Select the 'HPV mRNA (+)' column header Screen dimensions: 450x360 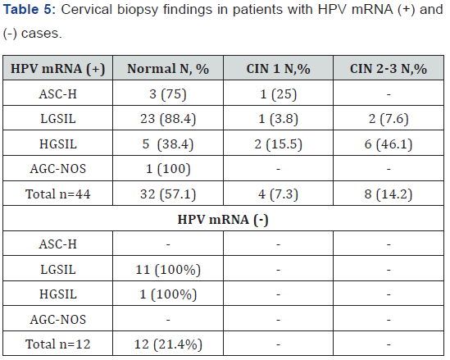pos(58,69)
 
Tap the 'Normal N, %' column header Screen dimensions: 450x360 pos(168,69)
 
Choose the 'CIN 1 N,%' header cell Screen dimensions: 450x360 pos(278,69)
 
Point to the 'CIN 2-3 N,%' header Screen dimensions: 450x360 pos(389,69)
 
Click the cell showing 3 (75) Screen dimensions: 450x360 pos(168,93)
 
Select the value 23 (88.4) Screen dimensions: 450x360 pos(168,119)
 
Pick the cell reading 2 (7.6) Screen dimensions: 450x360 pos(389,119)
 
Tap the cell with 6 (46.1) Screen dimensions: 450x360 pos(389,144)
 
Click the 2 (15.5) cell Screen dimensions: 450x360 pos(278,144)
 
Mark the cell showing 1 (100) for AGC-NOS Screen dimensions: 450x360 pos(168,169)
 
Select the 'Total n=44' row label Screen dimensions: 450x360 pos(58,194)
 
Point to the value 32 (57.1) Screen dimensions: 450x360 pos(168,194)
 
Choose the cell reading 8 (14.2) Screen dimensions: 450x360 pos(389,194)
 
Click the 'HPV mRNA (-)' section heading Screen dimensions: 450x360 pos(223,220)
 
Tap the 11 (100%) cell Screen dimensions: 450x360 pos(168,270)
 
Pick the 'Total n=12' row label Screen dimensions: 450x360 pos(58,344)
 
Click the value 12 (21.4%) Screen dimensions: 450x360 pos(168,344)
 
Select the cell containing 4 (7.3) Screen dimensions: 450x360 pos(278,194)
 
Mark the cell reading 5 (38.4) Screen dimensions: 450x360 pos(168,144)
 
